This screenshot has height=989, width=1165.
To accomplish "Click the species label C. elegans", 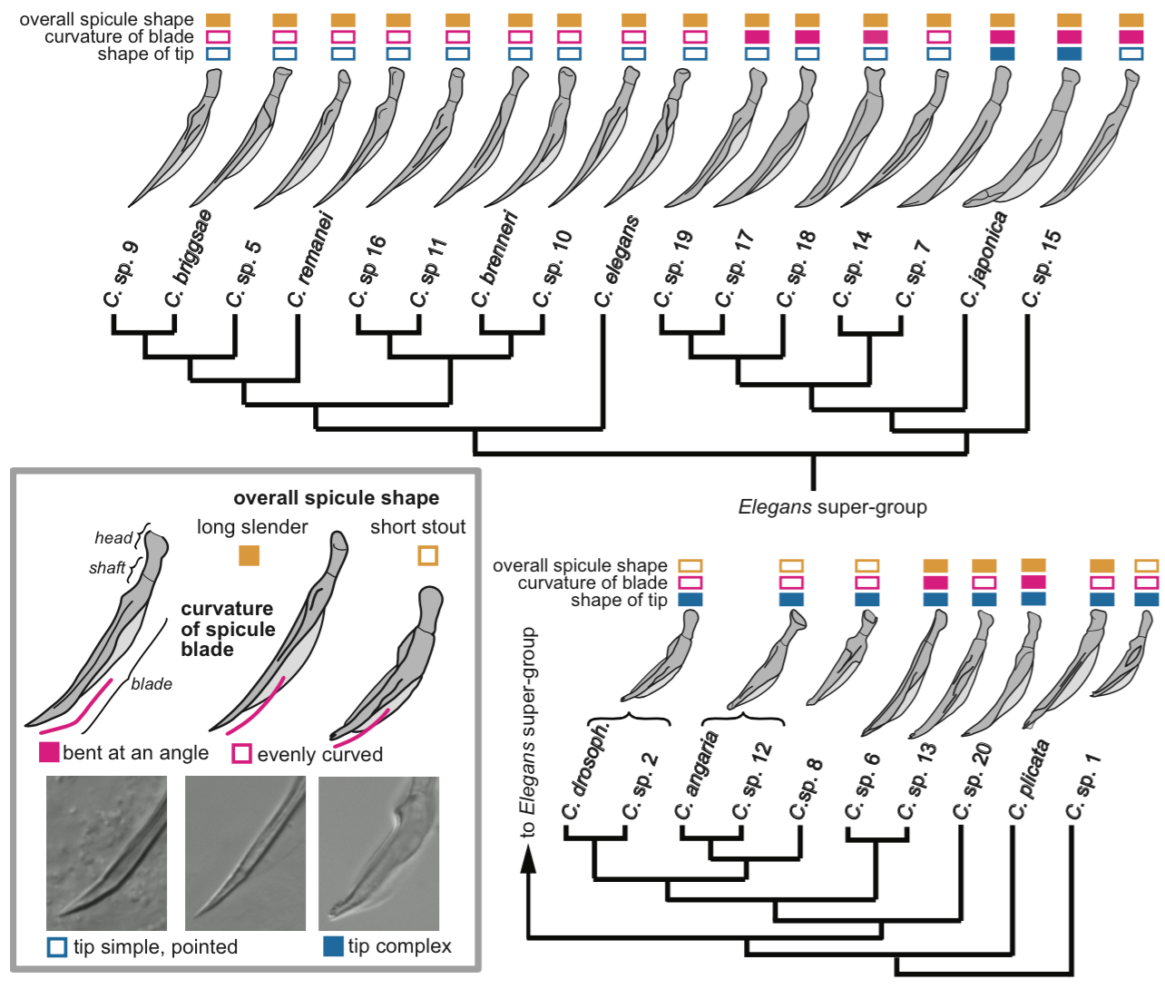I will point(617,261).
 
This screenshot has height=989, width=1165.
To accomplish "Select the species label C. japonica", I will point(984,259).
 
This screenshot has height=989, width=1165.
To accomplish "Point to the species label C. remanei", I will point(311,259).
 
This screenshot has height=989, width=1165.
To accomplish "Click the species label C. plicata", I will point(1030,781).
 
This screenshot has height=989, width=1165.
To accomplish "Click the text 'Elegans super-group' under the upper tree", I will point(832,507).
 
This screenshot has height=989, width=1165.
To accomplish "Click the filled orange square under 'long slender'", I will point(249,554).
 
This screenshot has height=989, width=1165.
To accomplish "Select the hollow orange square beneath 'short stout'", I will point(428,554).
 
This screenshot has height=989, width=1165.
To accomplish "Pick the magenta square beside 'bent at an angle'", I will point(49,752).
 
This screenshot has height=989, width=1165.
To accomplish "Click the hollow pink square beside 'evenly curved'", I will point(241,754).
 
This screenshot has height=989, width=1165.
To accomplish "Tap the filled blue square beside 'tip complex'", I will point(333,946).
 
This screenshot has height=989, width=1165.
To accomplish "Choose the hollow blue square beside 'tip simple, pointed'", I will point(57,947).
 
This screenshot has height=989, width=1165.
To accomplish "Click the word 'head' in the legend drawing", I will point(113,538).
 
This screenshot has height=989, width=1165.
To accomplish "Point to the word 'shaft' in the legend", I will point(107,568).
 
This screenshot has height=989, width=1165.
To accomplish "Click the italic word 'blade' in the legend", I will point(152,684).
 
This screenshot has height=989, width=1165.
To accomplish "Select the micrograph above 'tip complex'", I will point(378,853).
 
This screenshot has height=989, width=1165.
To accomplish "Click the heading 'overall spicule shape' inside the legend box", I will point(336,497).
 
